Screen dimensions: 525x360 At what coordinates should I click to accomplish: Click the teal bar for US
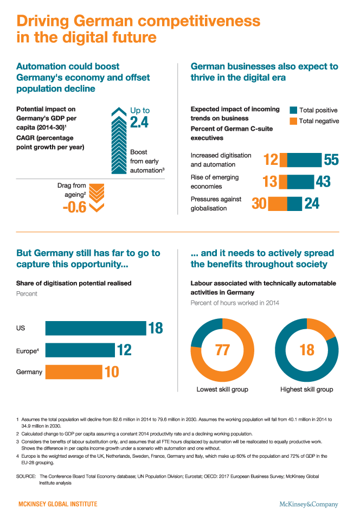tap(95, 328)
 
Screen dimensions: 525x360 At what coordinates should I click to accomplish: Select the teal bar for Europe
tap(79, 350)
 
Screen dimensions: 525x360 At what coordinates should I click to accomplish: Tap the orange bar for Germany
tap(73, 372)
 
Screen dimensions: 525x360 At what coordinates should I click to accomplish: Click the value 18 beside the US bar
tap(155, 328)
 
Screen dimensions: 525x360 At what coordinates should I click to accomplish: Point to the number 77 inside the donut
tap(223, 350)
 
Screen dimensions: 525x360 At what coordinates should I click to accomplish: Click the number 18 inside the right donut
tap(307, 350)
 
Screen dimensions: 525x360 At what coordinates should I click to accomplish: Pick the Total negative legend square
tap(293, 120)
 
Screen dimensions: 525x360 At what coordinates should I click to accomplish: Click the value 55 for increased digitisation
tap(331, 159)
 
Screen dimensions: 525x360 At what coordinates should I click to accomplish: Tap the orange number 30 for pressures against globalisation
tap(259, 203)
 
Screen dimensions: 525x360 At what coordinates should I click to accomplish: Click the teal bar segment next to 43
tap(300, 181)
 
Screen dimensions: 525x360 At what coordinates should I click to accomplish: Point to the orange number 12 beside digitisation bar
tap(271, 159)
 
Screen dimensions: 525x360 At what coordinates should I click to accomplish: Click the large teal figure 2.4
tap(139, 123)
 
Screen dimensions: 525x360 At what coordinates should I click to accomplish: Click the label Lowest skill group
tap(222, 389)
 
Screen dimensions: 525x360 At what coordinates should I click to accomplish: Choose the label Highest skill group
tap(307, 389)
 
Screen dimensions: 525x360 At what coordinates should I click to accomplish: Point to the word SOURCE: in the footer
tap(27, 476)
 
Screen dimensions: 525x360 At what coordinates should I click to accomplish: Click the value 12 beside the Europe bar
tap(124, 350)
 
